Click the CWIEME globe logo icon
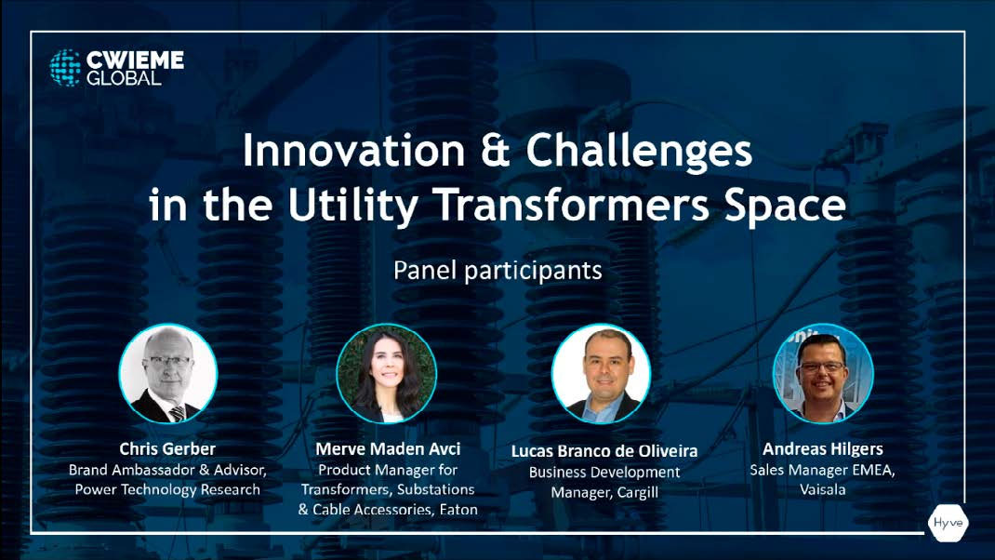(65, 67)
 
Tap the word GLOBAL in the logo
(124, 78)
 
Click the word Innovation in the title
(354, 151)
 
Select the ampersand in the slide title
(496, 151)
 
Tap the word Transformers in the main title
(573, 204)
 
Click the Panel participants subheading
(497, 271)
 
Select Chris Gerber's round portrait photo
(168, 373)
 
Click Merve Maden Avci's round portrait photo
(387, 373)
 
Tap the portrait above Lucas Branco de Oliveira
(601, 373)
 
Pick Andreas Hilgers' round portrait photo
(823, 373)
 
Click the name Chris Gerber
(167, 449)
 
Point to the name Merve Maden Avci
(388, 449)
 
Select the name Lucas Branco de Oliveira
(604, 451)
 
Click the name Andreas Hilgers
(822, 449)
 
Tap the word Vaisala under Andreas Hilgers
(822, 489)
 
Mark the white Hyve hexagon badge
(949, 523)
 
